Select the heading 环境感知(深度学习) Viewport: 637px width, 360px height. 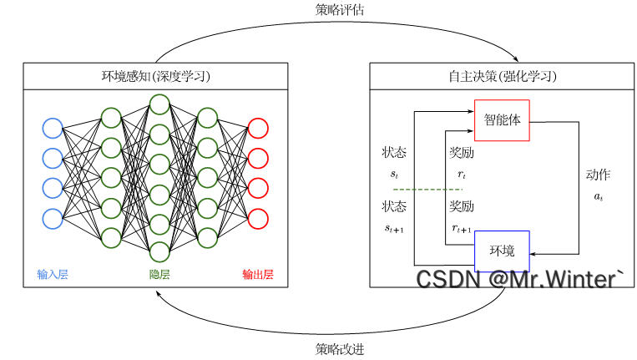pos(155,77)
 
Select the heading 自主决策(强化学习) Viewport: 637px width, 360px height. pos(502,77)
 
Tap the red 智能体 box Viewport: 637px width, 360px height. pos(502,119)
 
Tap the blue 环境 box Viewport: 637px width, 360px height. pos(502,251)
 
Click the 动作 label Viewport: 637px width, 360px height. pos(598,175)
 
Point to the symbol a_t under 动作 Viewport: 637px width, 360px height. pos(598,196)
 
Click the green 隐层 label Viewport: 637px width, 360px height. pos(159,274)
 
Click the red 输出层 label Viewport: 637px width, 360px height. pos(258,274)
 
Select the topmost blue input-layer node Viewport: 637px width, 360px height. pos(53,128)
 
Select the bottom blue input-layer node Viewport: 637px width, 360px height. pos(53,218)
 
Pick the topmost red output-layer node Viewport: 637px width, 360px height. pos(258,128)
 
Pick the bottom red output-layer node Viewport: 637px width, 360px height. pos(258,218)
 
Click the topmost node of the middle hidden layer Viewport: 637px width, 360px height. pos(159,104)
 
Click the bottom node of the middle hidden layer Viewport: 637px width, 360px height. pos(159,251)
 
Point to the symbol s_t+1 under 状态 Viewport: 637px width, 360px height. pos(394,227)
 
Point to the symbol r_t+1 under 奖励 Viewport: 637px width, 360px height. pos(462,227)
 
